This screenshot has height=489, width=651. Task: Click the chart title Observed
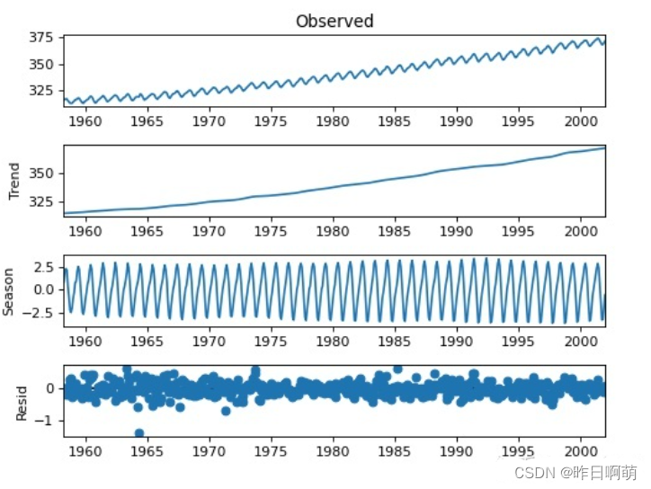[334, 21]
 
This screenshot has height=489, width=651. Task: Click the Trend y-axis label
[13, 181]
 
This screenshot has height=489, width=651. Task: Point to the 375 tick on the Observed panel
[40, 38]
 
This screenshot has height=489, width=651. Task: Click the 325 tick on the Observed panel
[40, 92]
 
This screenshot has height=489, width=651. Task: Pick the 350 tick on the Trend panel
[40, 173]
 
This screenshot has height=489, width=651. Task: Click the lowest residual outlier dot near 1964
[139, 433]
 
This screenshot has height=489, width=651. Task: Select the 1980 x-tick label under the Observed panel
[333, 120]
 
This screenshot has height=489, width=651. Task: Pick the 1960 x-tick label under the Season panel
[85, 341]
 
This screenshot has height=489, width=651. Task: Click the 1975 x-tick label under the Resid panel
[272, 451]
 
